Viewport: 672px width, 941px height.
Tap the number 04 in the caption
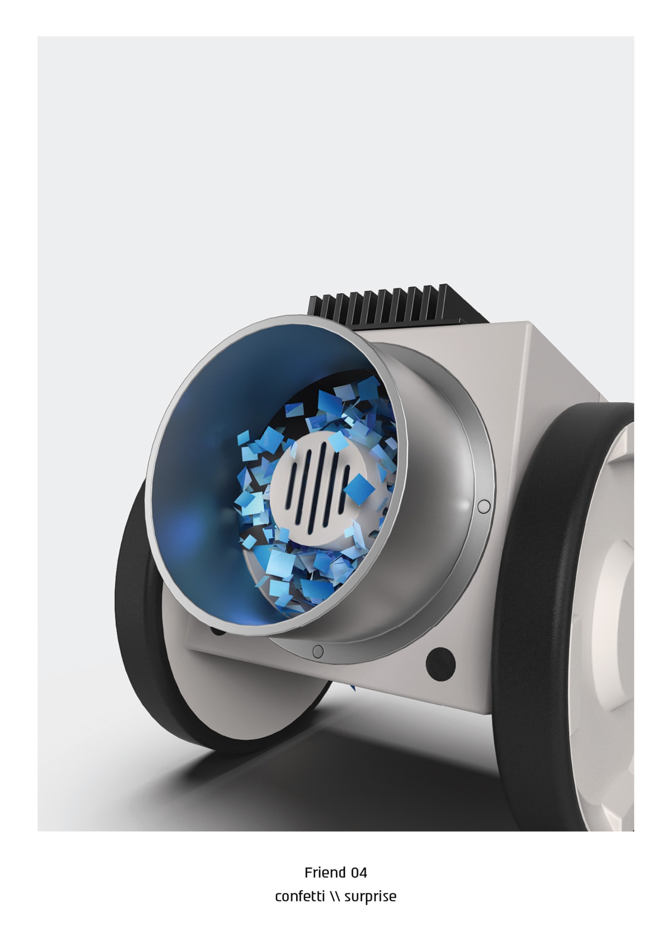point(359,872)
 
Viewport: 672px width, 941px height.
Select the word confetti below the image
point(300,896)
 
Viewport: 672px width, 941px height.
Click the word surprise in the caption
point(370,897)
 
